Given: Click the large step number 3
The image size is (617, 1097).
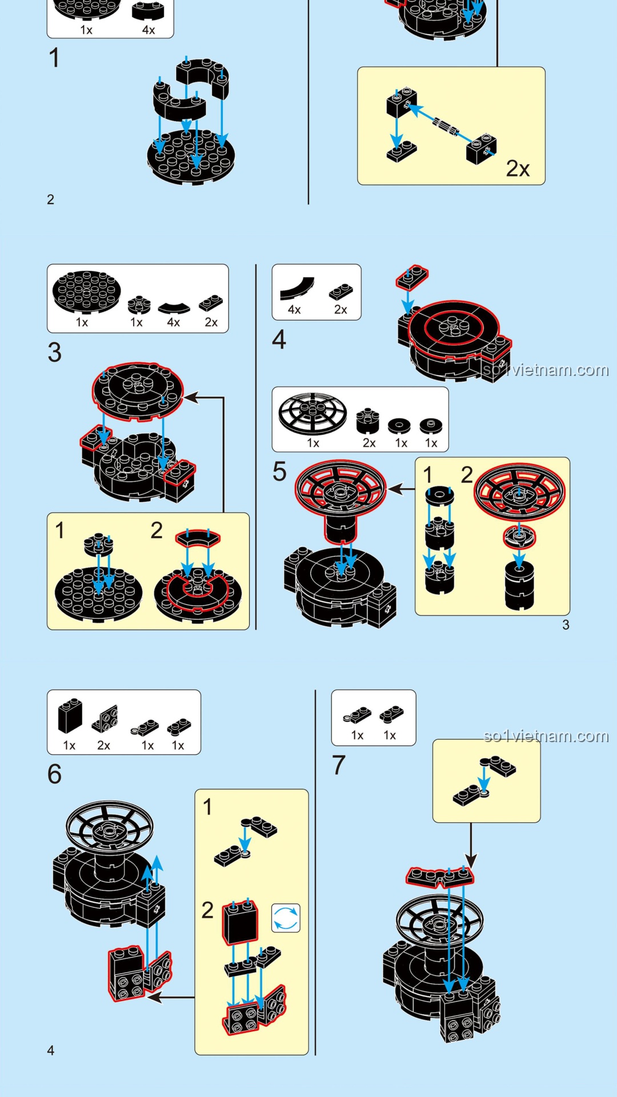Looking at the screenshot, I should pos(55,353).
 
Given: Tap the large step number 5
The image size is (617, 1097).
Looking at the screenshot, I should pos(279,472).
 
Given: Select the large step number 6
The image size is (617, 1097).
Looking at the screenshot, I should pos(55,774).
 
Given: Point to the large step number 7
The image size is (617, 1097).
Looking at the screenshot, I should pos(339,765).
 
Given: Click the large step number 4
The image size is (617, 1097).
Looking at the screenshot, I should pos(279,339).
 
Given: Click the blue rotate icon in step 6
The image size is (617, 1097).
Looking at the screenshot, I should pos(286,918).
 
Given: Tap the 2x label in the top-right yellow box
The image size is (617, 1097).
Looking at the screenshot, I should pos(518,169).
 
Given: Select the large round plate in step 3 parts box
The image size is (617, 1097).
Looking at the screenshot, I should pos(86,292).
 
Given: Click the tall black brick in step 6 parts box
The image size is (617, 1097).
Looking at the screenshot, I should pos(70,716).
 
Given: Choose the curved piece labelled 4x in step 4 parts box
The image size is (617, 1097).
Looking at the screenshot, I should pos(298,289).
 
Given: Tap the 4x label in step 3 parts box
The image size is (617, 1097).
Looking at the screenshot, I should pos(173,322).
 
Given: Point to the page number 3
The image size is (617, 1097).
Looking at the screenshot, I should pos(566,625).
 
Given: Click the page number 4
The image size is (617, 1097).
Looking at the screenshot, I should pos(51,1050).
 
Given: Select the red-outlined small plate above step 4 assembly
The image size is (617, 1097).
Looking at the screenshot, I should pos(412,277).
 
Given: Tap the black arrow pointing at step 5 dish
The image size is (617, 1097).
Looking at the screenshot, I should pos(401,489).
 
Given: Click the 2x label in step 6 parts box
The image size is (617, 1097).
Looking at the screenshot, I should pos(103,745).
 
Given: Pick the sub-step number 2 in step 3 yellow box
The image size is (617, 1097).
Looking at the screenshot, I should pos(157,530).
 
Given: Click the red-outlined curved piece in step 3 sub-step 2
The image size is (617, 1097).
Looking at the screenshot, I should pos(198,538).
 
